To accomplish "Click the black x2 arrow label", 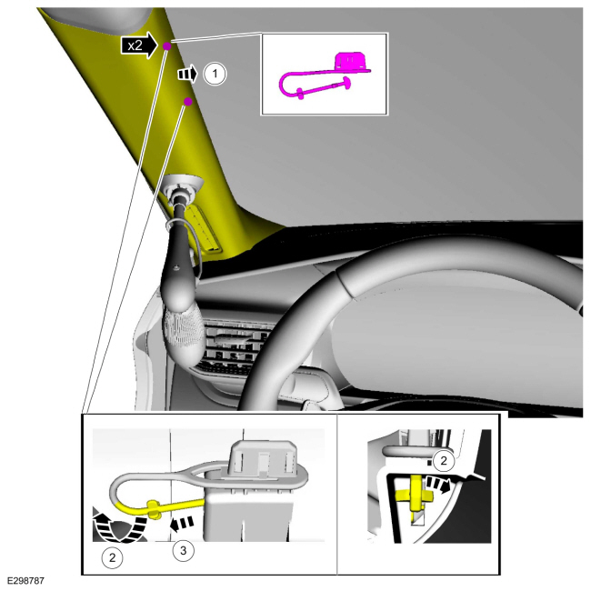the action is click(139, 45).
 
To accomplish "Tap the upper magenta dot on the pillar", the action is click(167, 46).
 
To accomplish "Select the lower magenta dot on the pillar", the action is click(188, 102).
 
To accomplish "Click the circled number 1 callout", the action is click(215, 74).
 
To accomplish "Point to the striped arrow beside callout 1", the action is click(187, 74).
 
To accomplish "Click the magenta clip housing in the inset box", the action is click(351, 61).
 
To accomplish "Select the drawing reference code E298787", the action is click(25, 580).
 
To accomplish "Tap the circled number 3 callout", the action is click(183, 551).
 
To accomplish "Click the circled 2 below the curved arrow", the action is click(113, 557).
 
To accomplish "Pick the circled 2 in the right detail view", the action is click(444, 461).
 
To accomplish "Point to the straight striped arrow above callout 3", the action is click(182, 523).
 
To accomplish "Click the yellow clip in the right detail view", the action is click(416, 492).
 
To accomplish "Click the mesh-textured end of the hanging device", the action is click(184, 334).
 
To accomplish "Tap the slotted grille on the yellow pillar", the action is click(206, 228).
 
